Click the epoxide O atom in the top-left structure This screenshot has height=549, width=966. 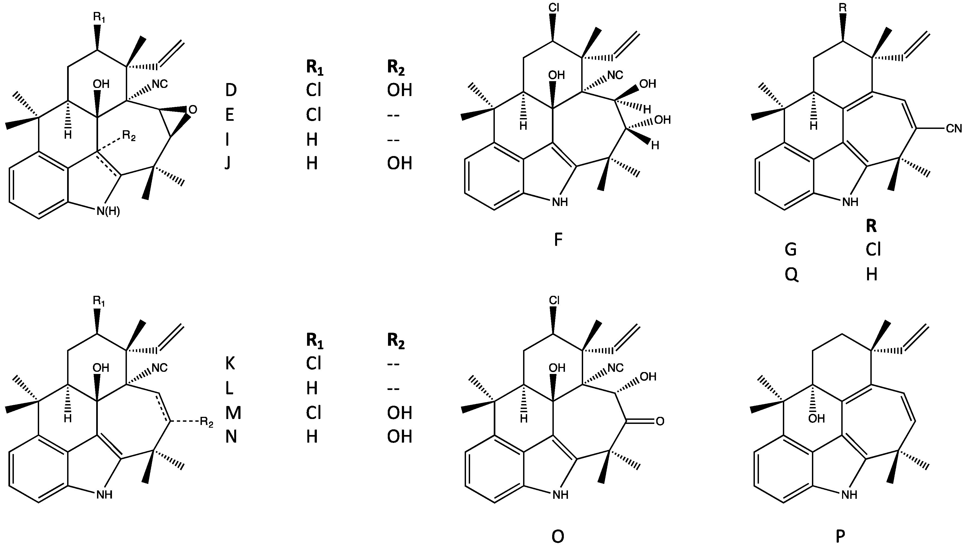pyautogui.click(x=192, y=110)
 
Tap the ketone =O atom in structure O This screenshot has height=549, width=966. pyautogui.click(x=660, y=421)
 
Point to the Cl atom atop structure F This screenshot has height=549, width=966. pyautogui.click(x=554, y=8)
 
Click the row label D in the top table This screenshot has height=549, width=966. pyautogui.click(x=231, y=90)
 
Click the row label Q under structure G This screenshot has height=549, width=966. pyautogui.click(x=791, y=275)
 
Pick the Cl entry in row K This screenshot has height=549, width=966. pyautogui.click(x=313, y=363)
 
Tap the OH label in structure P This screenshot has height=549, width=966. pyautogui.click(x=817, y=418)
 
